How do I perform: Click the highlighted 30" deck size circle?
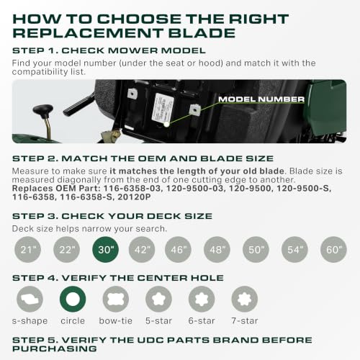pos(105,250)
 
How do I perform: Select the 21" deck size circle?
pos(27,250)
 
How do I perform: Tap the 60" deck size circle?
pos(333,250)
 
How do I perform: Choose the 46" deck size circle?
pos(178,250)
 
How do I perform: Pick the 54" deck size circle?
pos(294,250)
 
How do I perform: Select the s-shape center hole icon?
pos(30,299)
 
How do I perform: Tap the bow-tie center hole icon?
pos(116,299)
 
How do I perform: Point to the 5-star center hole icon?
pos(158,299)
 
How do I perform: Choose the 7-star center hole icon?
pos(245,299)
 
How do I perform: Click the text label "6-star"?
pos(202,321)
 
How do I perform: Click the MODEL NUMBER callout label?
pos(261,99)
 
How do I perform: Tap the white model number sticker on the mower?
pos(162,107)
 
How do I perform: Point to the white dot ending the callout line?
pos(166,125)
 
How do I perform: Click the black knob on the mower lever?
pos(42,110)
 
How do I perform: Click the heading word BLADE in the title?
pos(202,33)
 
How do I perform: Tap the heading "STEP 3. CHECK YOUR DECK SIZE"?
pos(112,216)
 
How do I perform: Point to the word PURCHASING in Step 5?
pos(55,348)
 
